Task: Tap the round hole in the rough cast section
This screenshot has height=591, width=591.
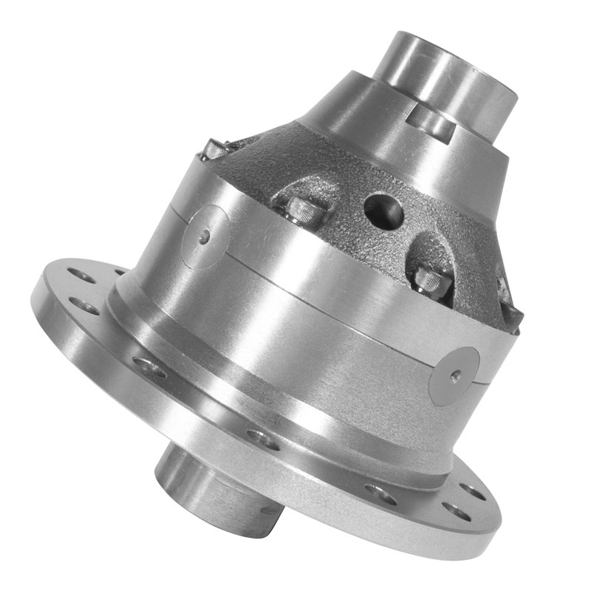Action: (x=383, y=210)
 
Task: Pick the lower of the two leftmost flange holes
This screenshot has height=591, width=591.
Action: (x=87, y=308)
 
